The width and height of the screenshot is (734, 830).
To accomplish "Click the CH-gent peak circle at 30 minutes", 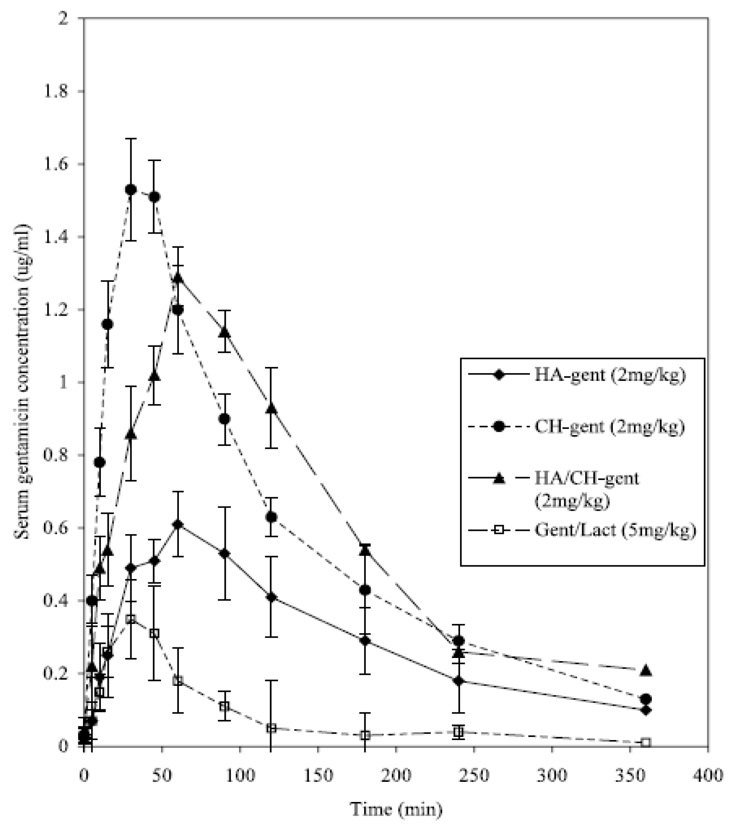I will point(131,189).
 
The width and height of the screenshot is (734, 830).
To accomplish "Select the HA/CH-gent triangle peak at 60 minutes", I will point(178,278).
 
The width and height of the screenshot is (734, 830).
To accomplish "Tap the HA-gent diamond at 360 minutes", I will point(645,710).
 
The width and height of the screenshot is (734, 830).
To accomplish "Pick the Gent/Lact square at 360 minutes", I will point(645,742).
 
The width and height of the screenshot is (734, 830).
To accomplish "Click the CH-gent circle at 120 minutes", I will point(271,517).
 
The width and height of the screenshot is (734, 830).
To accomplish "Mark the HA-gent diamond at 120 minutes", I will point(271,597).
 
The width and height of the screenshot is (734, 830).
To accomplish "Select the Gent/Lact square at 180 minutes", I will point(365,735).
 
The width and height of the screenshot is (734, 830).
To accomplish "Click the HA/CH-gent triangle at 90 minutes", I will point(224,332).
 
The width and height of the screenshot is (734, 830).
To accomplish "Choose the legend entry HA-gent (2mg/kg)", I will point(610,375).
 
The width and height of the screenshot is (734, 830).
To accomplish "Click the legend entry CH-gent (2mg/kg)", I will point(610,427).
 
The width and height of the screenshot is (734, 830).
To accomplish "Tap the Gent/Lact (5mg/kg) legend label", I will point(615,530).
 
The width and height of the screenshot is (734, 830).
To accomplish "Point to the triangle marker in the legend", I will point(499,479).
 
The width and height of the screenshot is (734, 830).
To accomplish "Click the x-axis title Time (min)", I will point(396,809).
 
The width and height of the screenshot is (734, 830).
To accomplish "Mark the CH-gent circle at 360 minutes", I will point(645,699).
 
